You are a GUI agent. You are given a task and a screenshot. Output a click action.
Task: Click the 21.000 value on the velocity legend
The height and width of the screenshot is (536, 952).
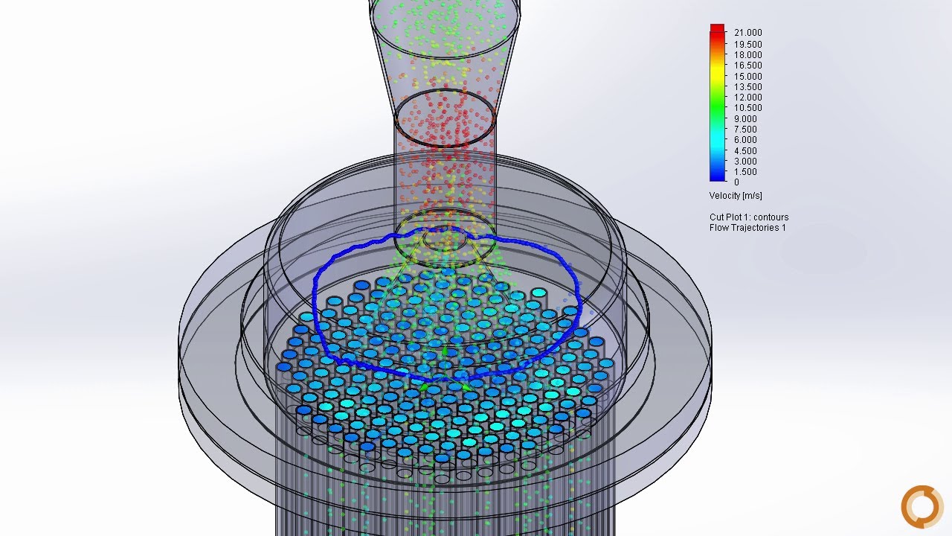click(747, 33)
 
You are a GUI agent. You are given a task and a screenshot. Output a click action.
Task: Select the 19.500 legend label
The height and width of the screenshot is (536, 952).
click(747, 44)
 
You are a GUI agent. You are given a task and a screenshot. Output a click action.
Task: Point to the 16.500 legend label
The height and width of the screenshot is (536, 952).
click(747, 66)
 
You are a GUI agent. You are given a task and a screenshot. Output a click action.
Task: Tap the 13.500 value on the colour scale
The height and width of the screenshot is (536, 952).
click(747, 87)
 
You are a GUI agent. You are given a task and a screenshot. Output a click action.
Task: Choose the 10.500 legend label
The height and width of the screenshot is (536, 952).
click(747, 108)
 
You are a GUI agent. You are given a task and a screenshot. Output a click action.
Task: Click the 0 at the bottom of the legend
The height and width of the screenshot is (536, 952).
click(736, 182)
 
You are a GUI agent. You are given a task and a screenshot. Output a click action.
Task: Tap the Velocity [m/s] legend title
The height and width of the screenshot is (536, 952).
click(736, 196)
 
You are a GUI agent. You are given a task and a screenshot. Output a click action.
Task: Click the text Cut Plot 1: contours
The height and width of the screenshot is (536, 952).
click(749, 217)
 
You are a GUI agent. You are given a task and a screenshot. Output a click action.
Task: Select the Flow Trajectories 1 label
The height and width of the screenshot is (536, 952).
click(747, 228)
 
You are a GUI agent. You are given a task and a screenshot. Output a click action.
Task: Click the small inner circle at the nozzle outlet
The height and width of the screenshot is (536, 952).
click(445, 238)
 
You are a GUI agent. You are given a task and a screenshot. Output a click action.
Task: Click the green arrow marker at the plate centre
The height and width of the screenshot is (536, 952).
click(446, 350)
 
